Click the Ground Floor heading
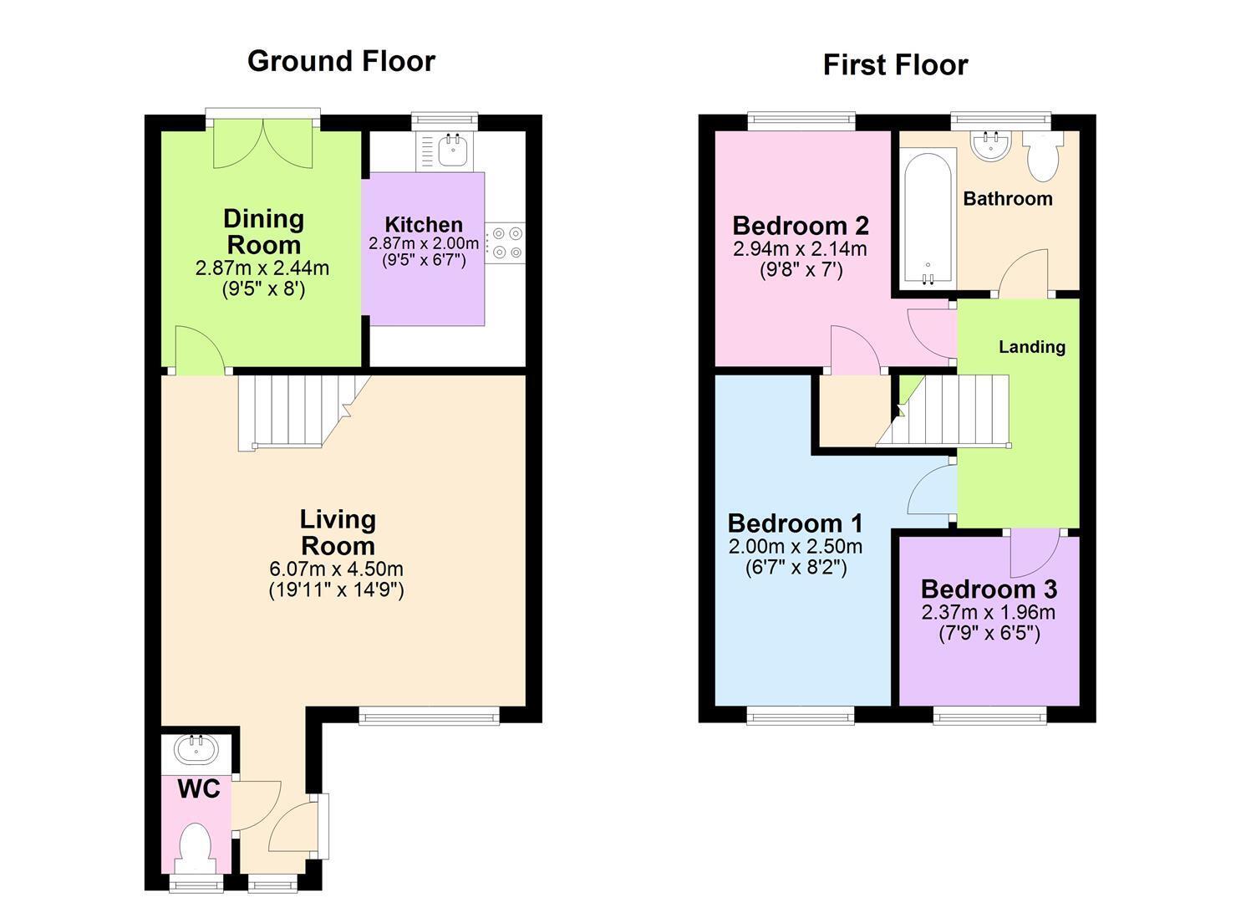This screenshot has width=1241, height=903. point(341,62)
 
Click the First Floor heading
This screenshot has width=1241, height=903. point(895,65)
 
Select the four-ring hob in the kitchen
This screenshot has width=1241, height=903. point(506,242)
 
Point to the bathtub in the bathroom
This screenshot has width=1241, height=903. point(928,218)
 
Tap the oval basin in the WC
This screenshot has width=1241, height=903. point(196,749)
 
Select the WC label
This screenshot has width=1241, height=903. point(200,788)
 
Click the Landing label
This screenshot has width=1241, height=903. point(1032,347)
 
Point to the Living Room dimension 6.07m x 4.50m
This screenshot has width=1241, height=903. point(336,569)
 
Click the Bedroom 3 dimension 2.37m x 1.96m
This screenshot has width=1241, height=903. point(989,613)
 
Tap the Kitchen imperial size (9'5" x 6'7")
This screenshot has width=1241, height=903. point(424,259)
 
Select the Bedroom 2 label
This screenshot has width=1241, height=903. point(801,226)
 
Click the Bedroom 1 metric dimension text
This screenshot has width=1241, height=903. point(796,547)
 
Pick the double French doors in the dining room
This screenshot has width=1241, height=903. point(263,142)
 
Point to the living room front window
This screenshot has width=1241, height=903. point(430,716)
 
